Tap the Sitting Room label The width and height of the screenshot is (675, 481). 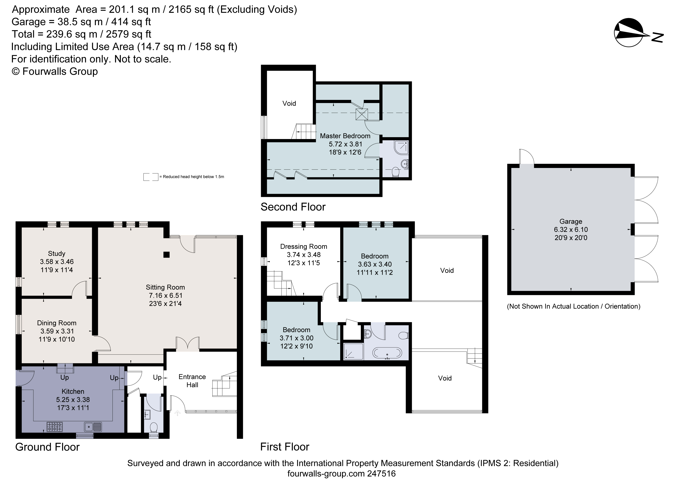[165, 287]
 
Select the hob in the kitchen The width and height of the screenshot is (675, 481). [55, 426]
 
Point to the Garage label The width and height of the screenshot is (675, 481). [571, 221]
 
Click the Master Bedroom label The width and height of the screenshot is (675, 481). [345, 136]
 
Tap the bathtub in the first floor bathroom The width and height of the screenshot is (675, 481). [387, 353]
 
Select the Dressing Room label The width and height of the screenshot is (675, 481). [304, 246]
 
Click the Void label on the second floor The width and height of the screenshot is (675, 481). [289, 103]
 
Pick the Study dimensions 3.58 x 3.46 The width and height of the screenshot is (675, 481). [57, 262]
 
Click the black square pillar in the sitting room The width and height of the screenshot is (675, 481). [167, 254]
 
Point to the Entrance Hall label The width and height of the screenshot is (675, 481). [192, 381]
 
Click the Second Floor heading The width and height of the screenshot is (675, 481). [293, 207]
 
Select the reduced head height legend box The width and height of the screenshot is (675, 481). [151, 177]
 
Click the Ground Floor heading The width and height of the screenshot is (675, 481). [47, 447]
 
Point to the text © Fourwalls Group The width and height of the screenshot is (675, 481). [55, 71]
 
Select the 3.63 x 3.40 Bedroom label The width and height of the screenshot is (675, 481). [375, 264]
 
